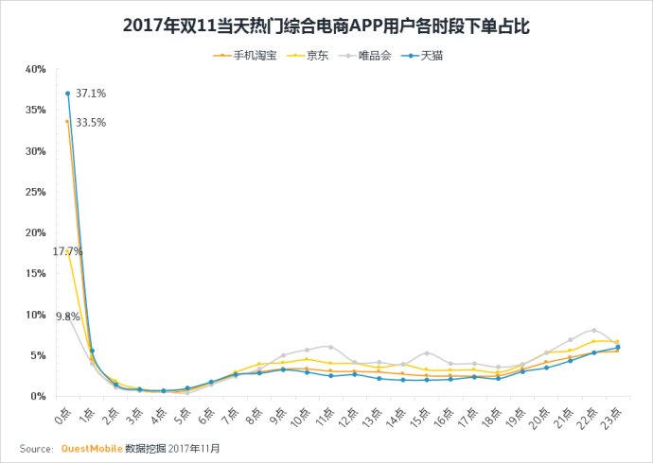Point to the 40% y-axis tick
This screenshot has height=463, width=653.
point(36,69)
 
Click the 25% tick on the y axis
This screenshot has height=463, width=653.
point(36,192)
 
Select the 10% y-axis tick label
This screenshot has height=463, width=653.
point(36,315)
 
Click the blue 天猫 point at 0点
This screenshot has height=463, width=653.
point(68,94)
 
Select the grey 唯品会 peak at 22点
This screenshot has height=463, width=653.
point(593,331)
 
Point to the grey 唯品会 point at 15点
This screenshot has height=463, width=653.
point(427,353)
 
